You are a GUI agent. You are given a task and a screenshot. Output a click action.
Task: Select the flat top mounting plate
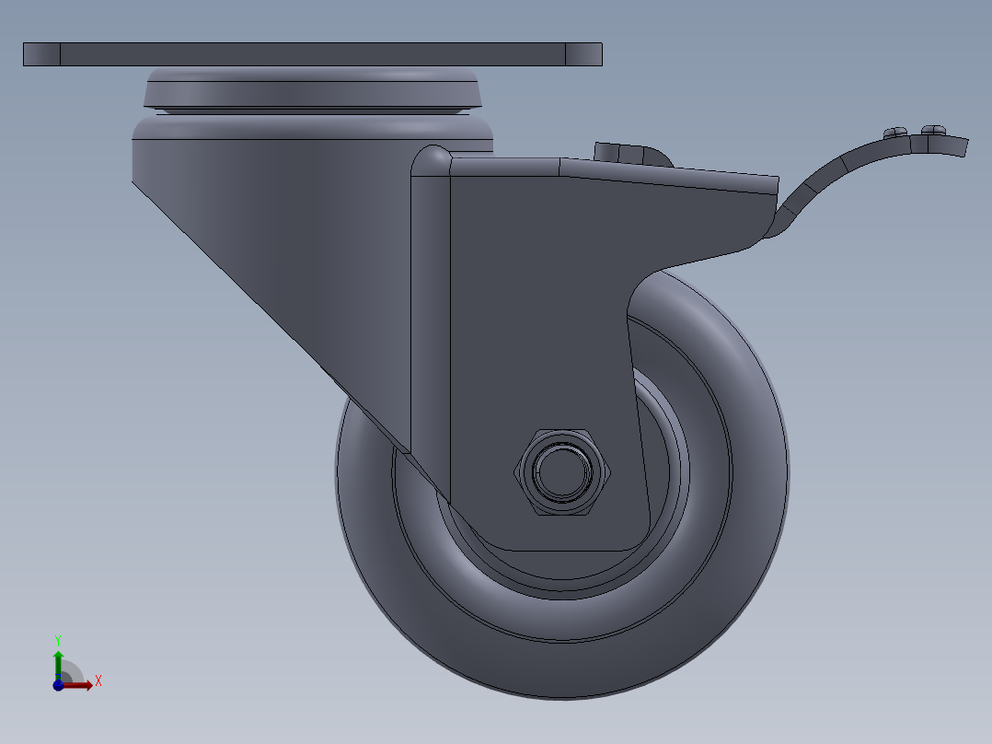[313, 54]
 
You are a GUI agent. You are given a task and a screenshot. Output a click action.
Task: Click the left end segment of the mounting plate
[41, 54]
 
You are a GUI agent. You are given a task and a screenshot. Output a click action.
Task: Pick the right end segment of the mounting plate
[583, 54]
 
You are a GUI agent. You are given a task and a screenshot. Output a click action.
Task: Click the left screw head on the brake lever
[895, 133]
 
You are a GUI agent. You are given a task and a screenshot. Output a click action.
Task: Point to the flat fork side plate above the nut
[534, 304]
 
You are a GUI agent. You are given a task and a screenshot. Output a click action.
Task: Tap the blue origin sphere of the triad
[58, 685]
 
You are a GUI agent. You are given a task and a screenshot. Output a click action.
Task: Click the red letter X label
[98, 681]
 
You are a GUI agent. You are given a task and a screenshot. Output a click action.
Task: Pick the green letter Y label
[57, 639]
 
